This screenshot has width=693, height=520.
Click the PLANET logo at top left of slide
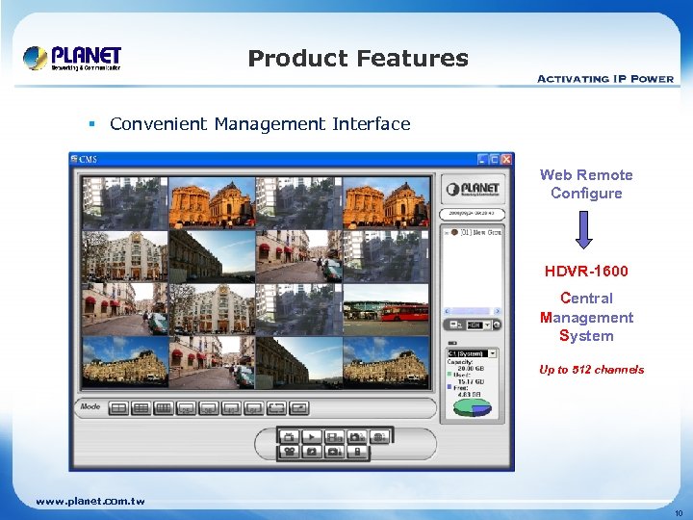coord(72,57)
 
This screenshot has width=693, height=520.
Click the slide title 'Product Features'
coord(358,59)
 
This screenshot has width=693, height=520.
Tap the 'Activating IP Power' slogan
coord(604,79)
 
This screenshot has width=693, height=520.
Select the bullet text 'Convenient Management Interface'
coord(260,123)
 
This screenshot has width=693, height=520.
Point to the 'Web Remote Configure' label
coord(586,184)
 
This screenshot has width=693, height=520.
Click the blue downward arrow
coord(585,229)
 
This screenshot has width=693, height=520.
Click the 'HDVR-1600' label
coord(586,272)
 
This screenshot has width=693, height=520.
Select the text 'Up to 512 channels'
coord(591,370)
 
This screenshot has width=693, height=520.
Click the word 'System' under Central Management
coord(586,336)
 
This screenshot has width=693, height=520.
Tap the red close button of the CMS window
coord(506,159)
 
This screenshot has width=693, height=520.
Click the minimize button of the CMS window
coord(483,159)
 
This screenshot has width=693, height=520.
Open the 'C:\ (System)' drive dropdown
coord(472,353)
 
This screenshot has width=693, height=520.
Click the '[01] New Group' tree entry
coord(477,232)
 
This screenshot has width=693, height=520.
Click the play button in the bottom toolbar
coord(311,435)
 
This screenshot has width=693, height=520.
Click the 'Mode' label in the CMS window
coord(90,407)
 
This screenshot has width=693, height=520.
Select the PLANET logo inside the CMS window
coord(472,188)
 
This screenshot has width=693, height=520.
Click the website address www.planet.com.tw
coord(90,502)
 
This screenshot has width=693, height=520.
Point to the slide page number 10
coord(677,513)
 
